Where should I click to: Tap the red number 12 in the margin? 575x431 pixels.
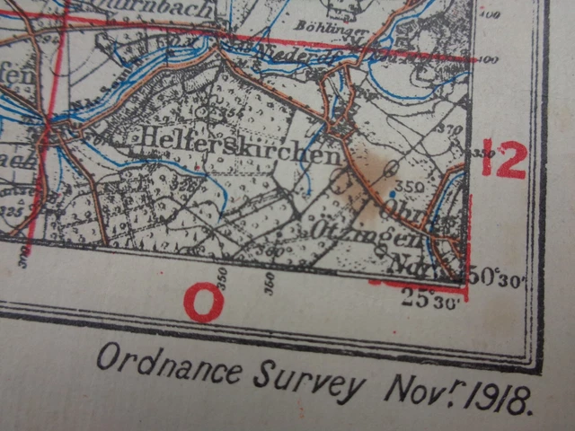[x=503, y=159]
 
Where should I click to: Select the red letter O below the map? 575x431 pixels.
[x=204, y=303]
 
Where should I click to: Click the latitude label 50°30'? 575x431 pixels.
[x=495, y=277]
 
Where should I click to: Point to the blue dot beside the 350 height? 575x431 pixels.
[x=393, y=193]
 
